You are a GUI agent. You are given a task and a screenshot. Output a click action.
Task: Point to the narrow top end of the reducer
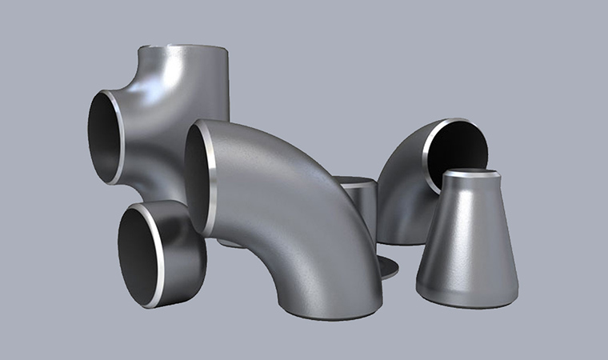pyautogui.click(x=471, y=174)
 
